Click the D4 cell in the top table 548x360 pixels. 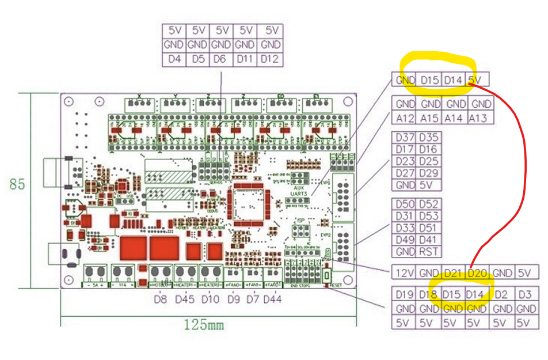(x=174, y=59)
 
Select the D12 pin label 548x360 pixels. (x=269, y=59)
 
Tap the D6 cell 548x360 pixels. (x=222, y=59)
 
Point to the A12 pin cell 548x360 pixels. (x=405, y=118)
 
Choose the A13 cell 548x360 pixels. (x=481, y=118)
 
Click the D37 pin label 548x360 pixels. (x=405, y=137)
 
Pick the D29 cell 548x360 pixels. (x=429, y=173)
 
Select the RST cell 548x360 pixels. (x=429, y=251)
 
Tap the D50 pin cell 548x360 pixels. (x=405, y=203)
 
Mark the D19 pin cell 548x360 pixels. (x=405, y=294)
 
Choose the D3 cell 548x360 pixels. (x=524, y=294)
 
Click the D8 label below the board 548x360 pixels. (x=161, y=299)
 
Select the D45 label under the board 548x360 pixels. (x=185, y=299)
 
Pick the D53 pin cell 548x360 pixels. (x=429, y=215)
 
